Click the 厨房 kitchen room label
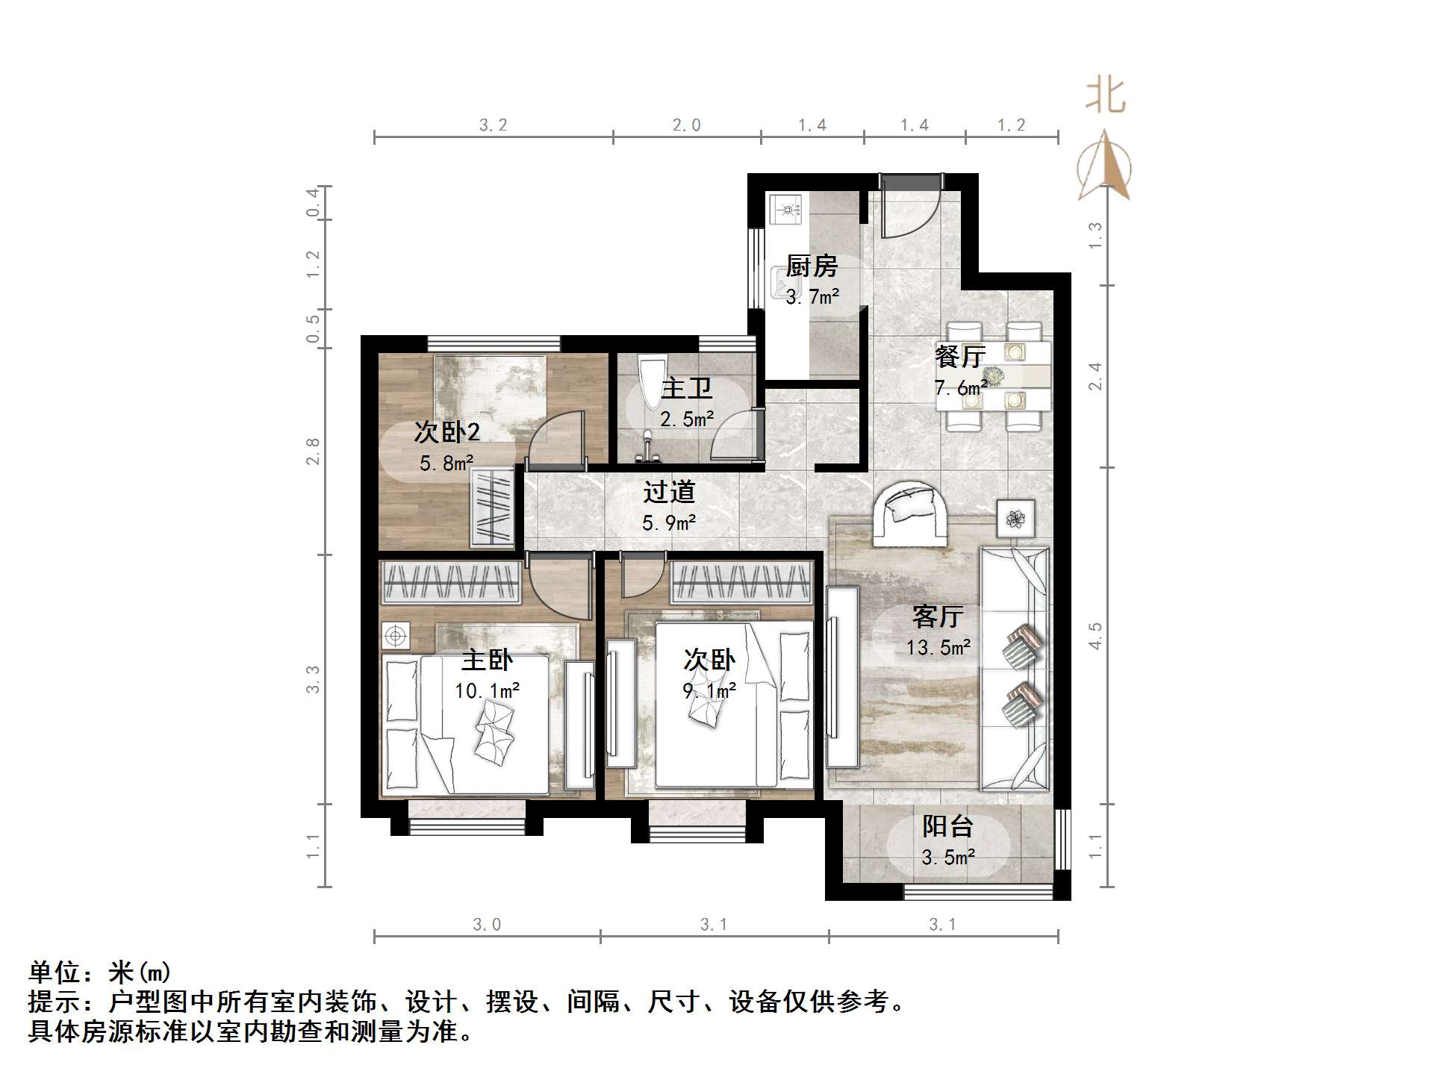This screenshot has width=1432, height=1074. (812, 266)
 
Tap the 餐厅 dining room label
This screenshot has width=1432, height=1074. (960, 356)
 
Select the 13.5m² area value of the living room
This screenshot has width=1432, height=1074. (938, 647)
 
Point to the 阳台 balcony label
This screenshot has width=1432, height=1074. (947, 825)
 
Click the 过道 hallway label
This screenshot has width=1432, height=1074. (669, 492)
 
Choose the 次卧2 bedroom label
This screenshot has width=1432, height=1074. (446, 431)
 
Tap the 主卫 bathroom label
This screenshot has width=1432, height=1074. (687, 388)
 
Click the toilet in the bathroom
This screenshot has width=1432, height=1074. (653, 383)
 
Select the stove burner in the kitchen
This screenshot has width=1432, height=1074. (785, 209)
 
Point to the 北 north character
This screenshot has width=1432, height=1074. (1106, 96)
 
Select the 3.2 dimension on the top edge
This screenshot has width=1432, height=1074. (493, 125)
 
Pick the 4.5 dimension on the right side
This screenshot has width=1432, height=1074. (1095, 636)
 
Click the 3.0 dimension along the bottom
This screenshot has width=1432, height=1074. (487, 925)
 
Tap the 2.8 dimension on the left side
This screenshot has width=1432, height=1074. (313, 452)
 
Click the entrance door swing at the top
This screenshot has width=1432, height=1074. (908, 207)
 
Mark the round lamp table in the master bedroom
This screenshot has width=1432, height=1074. (396, 636)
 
